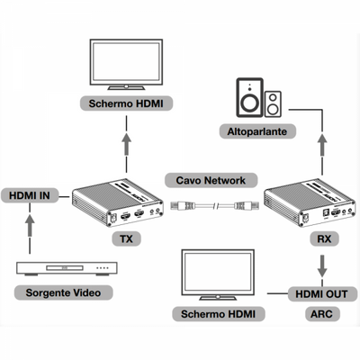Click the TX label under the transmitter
tap(126, 240)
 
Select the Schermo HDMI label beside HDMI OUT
tap(216, 314)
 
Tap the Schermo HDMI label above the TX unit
tap(127, 103)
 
